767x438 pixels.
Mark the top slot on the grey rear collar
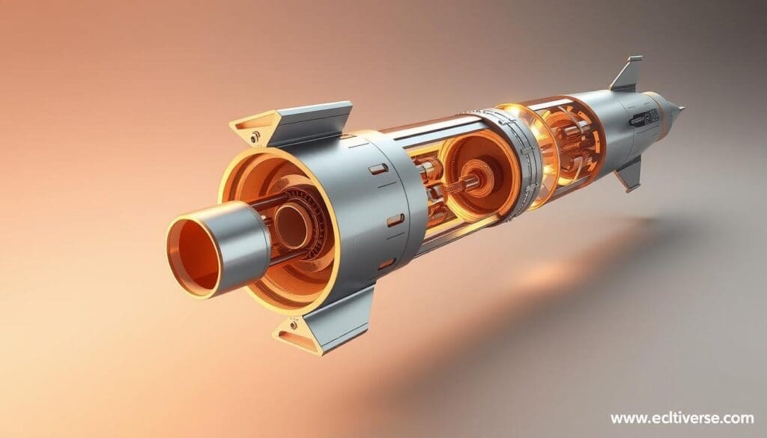click(x=378, y=169)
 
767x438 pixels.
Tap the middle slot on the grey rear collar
click(x=395, y=219)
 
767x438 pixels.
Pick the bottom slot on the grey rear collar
click(x=386, y=264)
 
